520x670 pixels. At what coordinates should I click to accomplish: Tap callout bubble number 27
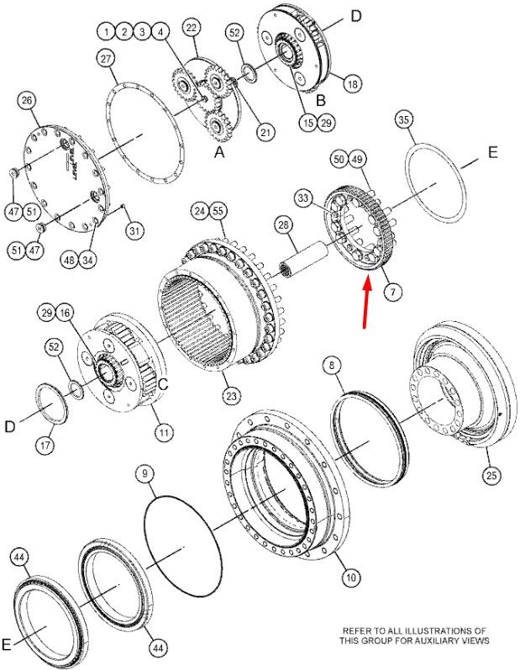click(106, 59)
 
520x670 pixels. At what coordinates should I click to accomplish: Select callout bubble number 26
click(27, 101)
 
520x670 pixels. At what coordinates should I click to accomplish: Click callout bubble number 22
click(192, 28)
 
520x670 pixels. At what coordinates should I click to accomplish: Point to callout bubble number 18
click(353, 84)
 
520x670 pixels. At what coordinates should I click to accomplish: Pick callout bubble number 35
click(404, 119)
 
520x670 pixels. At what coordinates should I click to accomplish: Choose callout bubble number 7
click(393, 292)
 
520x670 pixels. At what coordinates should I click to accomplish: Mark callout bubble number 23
click(231, 396)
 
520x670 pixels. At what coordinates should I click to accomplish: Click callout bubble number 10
click(351, 578)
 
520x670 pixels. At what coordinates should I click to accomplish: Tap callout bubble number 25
click(491, 475)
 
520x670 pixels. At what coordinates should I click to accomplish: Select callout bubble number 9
click(145, 473)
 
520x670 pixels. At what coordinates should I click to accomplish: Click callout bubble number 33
click(302, 198)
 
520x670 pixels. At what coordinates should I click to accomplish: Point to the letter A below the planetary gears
click(219, 151)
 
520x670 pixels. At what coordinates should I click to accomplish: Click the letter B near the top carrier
click(321, 100)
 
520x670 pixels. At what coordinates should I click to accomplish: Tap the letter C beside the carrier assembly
click(163, 384)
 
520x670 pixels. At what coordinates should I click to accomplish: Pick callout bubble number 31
click(135, 231)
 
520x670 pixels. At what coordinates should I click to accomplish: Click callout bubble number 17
click(45, 446)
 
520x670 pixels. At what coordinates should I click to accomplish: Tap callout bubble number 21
click(265, 132)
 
